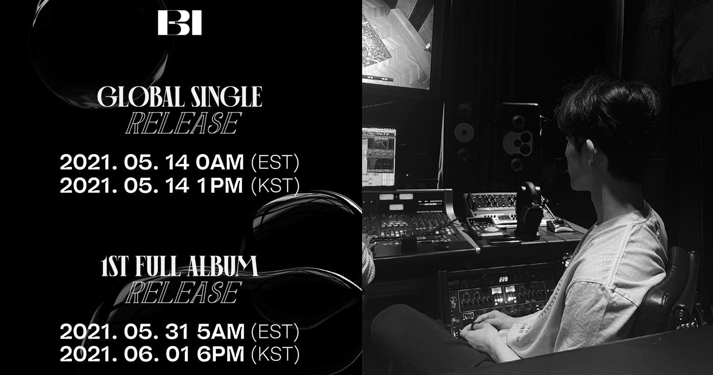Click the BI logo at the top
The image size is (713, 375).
pos(180,22)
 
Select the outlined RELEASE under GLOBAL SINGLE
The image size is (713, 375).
pos(182,123)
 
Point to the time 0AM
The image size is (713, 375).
pos(220,162)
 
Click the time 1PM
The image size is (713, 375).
pos(220,186)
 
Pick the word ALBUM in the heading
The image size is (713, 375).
pos(223,266)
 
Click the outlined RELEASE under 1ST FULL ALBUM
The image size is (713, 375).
pos(182,292)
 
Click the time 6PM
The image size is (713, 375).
pos(221,354)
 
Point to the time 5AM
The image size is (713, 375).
pos(221,331)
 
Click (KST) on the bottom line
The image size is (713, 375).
pos(276,355)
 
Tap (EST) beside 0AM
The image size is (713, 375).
pos(276,162)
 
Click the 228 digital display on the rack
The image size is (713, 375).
pos(503,279)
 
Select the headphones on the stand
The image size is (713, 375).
pos(529,211)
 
